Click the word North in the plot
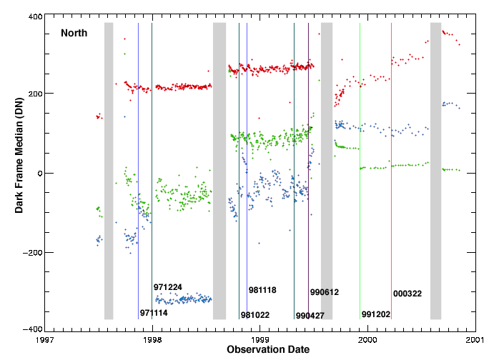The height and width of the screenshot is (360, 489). [74, 33]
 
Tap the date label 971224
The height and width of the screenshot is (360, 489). [167, 287]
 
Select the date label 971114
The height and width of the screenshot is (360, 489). [154, 313]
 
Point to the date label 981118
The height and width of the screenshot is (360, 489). [262, 290]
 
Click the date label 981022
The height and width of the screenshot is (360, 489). [255, 315]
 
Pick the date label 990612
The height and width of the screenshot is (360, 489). [324, 292]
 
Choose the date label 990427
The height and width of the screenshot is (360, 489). [310, 316]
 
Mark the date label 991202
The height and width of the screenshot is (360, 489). [375, 314]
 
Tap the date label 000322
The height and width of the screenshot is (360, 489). [407, 294]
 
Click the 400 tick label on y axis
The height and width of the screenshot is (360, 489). [33, 16]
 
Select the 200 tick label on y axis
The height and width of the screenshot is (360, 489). [33, 94]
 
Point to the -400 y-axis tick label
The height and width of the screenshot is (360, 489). [31, 329]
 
